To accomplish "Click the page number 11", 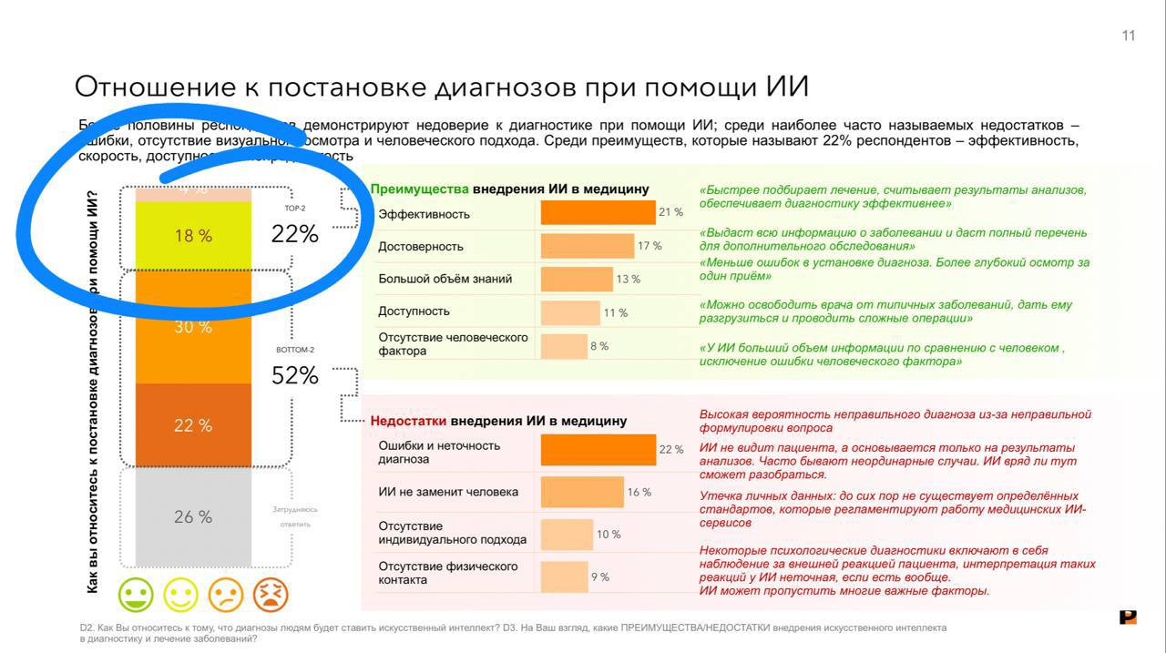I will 1129,36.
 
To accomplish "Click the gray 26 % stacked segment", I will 193,516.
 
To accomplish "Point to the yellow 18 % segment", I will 193,236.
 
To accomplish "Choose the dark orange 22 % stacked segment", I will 193,425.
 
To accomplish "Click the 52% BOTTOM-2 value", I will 295,375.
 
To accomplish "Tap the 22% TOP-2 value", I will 295,234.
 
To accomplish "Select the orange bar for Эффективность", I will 598,213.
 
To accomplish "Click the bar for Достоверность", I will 587,246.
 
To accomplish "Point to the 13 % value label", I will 629,279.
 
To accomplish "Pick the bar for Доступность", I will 570,312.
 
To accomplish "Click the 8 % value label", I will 598,346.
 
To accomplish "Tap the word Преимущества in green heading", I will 419,189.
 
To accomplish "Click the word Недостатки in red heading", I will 408,421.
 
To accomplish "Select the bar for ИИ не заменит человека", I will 582,492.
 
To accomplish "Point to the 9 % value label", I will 599,576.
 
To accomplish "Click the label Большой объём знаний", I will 445,279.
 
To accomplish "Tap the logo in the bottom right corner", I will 1128,617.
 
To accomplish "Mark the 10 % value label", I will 609,535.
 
